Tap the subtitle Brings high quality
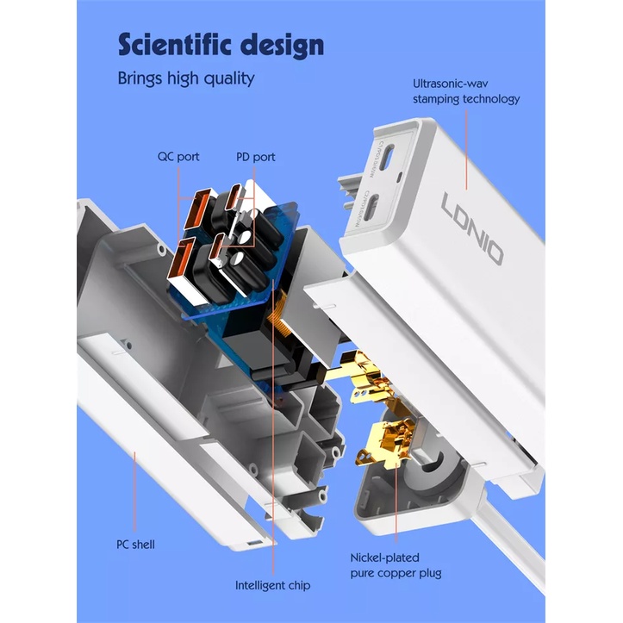click(x=186, y=78)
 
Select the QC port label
click(x=178, y=157)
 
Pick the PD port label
click(x=256, y=157)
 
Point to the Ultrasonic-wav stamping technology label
click(x=466, y=91)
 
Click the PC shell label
click(x=136, y=545)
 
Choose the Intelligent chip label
click(x=273, y=585)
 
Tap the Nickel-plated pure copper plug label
click(x=396, y=565)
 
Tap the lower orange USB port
click(x=185, y=264)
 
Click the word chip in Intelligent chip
click(x=296, y=585)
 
